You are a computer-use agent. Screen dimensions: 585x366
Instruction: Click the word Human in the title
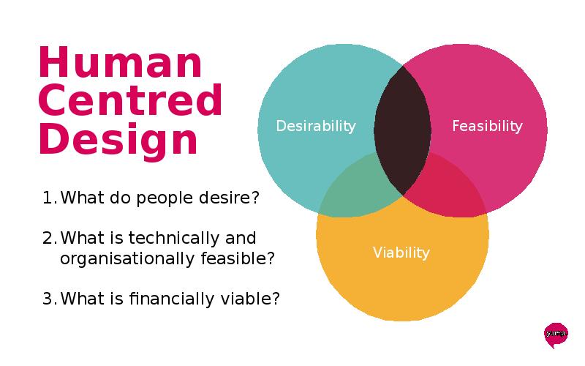click(x=120, y=61)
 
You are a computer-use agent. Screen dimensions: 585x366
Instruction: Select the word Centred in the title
click(x=130, y=100)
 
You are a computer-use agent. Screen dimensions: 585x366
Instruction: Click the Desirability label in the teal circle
click(x=316, y=126)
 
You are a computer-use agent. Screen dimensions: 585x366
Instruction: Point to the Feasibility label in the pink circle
click(x=487, y=126)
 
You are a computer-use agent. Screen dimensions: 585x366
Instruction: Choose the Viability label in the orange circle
click(x=401, y=253)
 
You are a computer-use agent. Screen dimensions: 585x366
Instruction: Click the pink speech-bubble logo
click(x=556, y=335)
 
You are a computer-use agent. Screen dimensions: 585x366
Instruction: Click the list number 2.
click(x=50, y=238)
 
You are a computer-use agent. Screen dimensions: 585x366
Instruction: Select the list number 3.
click(x=50, y=299)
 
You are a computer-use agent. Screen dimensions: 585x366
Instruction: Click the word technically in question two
click(x=174, y=239)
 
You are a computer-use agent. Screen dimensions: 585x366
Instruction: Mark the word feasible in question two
click(x=233, y=258)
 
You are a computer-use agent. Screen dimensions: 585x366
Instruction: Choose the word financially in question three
click(x=172, y=299)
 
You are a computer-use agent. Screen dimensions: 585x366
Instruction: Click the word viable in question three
click(x=246, y=299)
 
